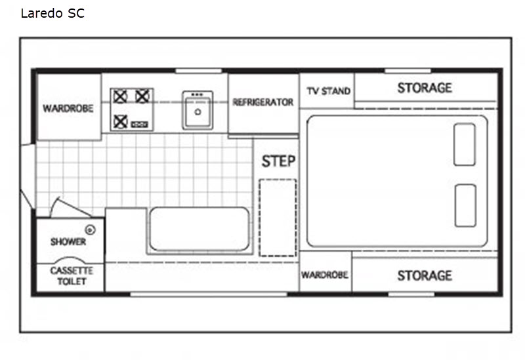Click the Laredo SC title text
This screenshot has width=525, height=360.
click(x=52, y=13)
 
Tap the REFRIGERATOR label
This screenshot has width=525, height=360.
click(x=263, y=102)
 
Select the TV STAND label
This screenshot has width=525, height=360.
click(x=329, y=91)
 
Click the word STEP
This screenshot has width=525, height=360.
click(x=278, y=161)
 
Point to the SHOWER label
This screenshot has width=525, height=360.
click(x=68, y=241)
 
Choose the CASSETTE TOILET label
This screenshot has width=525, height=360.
click(x=72, y=276)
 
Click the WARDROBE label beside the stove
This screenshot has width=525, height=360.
click(x=68, y=108)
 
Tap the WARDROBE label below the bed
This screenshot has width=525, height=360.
click(x=324, y=275)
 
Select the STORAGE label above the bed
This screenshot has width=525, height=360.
click(x=425, y=88)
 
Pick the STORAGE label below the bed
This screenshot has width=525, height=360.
click(x=425, y=275)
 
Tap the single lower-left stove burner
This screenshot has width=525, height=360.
click(x=120, y=121)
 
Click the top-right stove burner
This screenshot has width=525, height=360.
click(x=142, y=96)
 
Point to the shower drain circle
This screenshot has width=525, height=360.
click(x=90, y=230)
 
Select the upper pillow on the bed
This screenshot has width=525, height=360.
click(x=465, y=144)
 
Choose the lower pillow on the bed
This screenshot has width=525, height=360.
click(x=465, y=205)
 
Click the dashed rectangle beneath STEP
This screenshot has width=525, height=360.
click(x=278, y=218)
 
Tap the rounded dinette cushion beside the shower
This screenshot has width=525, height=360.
click(x=199, y=230)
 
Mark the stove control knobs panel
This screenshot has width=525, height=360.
click(x=139, y=125)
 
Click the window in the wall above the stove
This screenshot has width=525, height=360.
click(x=199, y=71)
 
